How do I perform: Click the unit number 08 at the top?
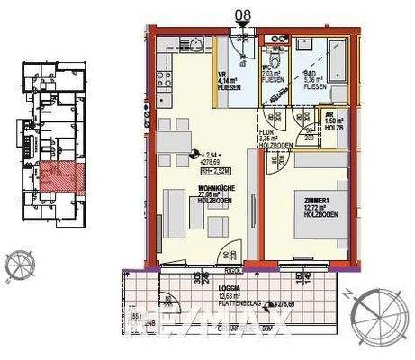tap(243, 13)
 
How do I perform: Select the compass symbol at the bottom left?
tap(16, 264)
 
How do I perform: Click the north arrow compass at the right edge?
tap(378, 315)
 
